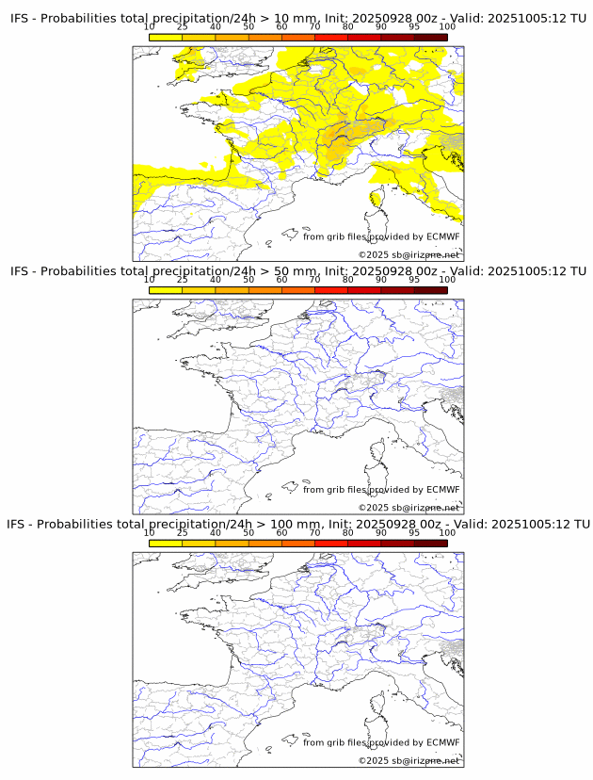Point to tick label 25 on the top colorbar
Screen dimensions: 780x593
pyautogui.click(x=183, y=27)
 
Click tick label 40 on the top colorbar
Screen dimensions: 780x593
pyautogui.click(x=216, y=27)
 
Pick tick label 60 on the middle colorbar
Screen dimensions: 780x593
pyautogui.click(x=281, y=280)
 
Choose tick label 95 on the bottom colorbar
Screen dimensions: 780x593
pyautogui.click(x=414, y=533)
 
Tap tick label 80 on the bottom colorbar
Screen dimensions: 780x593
pyautogui.click(x=347, y=533)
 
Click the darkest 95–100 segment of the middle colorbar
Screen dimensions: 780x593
pyautogui.click(x=430, y=289)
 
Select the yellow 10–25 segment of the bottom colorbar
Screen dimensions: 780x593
pyautogui.click(x=166, y=543)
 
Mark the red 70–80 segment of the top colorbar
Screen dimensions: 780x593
pyautogui.click(x=331, y=37)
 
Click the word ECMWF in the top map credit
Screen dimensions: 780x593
pyautogui.click(x=442, y=236)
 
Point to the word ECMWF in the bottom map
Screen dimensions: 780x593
pyautogui.click(x=442, y=742)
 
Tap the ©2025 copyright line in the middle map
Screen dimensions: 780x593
pyautogui.click(x=409, y=508)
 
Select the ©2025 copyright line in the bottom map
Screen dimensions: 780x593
pyautogui.click(x=409, y=760)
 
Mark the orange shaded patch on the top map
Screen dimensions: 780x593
pyautogui.click(x=336, y=141)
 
